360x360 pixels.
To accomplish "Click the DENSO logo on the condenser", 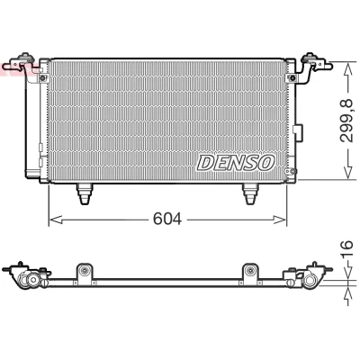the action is [236, 163].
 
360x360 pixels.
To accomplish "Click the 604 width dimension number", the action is [167, 220].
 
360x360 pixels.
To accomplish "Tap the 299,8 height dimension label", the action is [347, 121].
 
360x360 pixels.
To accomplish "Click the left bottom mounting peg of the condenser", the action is [85, 193].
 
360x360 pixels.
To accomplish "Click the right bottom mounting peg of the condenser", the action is [250, 193].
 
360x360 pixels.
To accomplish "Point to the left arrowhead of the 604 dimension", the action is [56, 220].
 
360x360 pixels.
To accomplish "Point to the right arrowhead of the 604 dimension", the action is [280, 220].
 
